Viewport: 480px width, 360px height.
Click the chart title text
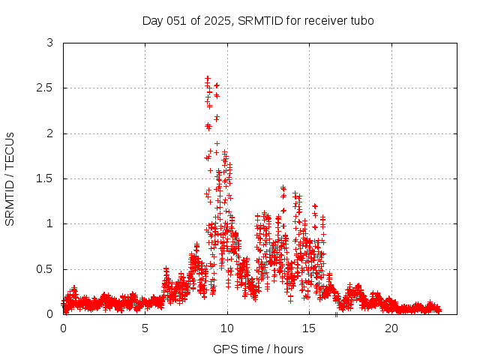258,20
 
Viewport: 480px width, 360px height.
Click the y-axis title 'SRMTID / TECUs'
10,178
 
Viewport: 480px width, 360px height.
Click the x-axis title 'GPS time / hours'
258,349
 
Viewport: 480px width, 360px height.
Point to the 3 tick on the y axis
49,43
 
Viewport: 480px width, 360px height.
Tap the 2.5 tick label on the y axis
46,88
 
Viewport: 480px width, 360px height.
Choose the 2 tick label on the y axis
49,133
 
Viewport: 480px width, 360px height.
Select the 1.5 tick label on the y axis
46,178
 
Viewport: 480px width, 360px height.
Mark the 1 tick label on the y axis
49,223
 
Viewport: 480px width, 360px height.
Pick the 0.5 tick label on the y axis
46,268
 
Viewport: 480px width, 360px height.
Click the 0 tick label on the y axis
49,313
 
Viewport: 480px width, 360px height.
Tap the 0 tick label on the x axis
63,328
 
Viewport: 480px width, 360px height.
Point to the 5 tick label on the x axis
145,328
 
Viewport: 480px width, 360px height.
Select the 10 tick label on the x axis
227,328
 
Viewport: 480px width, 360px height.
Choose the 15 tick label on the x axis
309,328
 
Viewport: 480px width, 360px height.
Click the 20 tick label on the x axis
391,328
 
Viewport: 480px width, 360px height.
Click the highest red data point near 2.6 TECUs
207,78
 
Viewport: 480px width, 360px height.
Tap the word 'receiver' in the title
325,20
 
